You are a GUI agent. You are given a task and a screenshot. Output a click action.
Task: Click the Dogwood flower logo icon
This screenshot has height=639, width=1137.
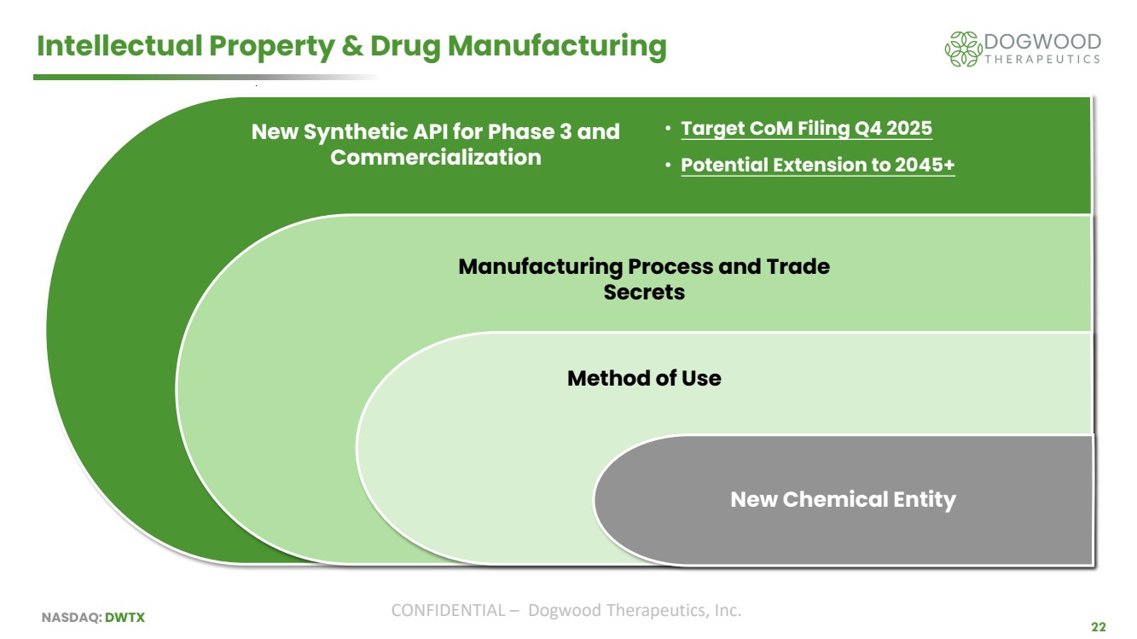pos(963,49)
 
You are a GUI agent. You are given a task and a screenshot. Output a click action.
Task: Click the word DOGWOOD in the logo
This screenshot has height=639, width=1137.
pos(1042,42)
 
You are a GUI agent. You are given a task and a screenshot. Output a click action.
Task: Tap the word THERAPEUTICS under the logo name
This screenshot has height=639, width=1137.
pos(1042,60)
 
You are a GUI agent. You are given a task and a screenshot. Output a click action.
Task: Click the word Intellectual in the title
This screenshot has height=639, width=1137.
pos(119,46)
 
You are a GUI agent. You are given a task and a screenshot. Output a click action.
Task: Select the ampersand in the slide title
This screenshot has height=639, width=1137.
pos(352,46)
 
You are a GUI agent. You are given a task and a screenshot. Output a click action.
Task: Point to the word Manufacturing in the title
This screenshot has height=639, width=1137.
pos(557,46)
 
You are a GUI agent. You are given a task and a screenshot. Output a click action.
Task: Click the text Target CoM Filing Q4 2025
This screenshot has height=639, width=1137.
pos(806,129)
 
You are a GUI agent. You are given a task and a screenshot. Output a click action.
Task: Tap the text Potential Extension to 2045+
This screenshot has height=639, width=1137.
pos(818,165)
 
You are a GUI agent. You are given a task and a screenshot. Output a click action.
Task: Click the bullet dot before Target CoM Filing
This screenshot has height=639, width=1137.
pos(668,129)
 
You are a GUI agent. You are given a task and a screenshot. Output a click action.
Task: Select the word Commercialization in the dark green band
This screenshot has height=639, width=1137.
pos(436,157)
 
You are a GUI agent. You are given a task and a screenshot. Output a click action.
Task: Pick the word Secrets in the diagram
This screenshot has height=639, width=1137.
pos(644,293)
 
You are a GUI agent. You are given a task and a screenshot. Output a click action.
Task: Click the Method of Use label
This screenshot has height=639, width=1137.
pos(644,379)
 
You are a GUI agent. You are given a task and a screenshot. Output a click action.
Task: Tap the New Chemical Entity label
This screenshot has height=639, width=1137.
pos(843,500)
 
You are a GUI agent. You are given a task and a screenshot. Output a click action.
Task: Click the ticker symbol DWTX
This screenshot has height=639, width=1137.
pos(125,618)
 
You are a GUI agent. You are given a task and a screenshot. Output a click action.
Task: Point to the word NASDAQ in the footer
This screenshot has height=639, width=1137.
pos(71,618)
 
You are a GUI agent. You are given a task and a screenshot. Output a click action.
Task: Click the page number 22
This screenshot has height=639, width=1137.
pos(1099,627)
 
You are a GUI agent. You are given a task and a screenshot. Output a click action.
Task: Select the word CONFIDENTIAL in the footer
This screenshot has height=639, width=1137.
pos(448,611)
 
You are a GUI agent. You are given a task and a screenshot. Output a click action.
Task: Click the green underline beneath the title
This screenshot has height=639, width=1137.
pos(206,77)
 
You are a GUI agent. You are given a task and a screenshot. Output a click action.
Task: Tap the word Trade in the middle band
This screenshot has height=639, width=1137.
pos(798,267)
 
